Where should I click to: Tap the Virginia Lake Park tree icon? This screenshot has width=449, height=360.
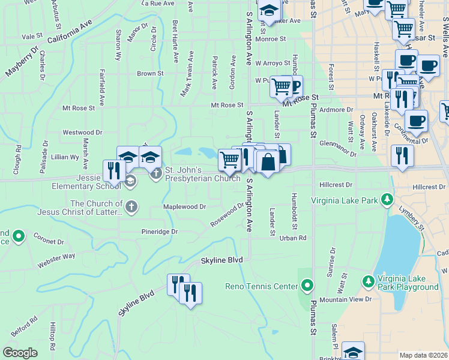pos(388,199)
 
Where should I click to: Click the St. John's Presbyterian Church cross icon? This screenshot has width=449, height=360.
pos(156,174)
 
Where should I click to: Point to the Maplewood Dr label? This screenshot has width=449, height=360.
pos(185,206)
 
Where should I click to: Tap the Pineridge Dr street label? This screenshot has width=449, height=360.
pos(160,231)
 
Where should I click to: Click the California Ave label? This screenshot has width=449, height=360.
pos(69,34)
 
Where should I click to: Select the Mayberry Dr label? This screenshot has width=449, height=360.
pos(22,62)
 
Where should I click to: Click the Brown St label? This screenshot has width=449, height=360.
pos(150,74)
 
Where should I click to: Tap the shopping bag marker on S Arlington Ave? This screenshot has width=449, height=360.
pos(267,162)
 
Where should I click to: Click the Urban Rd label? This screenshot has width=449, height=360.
pos(293,238)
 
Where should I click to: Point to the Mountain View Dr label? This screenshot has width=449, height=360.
pos(346,299)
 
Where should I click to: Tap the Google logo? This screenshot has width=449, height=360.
pos(20,353)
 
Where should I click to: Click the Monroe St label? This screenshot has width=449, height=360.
pos(270,38)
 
